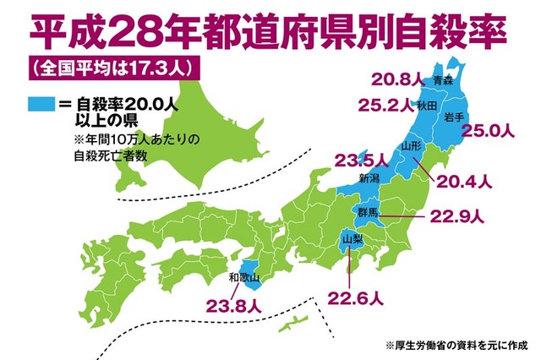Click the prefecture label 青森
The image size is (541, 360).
[443, 81]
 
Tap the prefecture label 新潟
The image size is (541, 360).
[369, 178]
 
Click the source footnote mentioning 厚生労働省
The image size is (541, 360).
[456, 345]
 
